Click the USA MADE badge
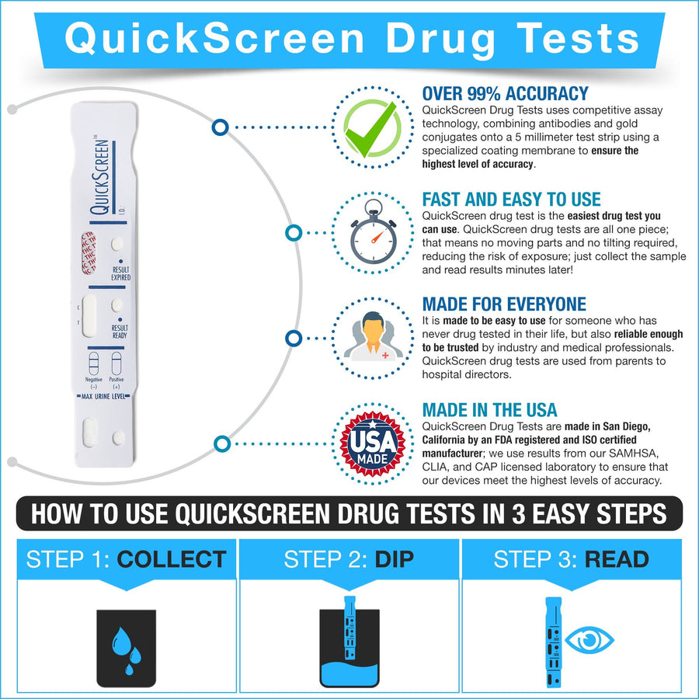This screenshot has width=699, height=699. click(x=370, y=443)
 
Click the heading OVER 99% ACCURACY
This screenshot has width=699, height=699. click(x=505, y=94)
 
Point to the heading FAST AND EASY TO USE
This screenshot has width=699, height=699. click(x=511, y=200)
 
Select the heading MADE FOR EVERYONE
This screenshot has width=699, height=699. click(x=504, y=304)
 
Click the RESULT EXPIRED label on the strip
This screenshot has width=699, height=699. click(x=120, y=273)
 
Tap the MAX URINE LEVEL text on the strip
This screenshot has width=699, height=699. click(x=104, y=396)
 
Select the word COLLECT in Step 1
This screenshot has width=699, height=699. click(x=171, y=559)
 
